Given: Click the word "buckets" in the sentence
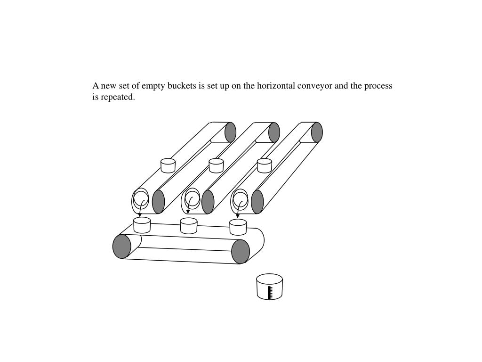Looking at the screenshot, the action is [x=182, y=86].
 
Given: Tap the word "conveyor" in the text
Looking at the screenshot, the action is [x=314, y=86].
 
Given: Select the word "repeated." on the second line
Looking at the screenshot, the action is [x=118, y=97].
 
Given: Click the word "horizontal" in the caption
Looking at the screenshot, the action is [x=276, y=86].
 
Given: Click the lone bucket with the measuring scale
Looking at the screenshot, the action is [x=270, y=287].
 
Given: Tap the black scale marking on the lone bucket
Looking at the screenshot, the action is [x=270, y=292].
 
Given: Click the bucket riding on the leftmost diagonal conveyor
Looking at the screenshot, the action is [x=168, y=165].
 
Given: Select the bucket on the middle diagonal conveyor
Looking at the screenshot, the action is [x=216, y=165].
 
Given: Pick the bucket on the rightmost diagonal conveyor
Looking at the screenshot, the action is [x=265, y=165].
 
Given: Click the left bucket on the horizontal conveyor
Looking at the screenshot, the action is [x=142, y=225].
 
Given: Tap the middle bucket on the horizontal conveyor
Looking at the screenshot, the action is [x=188, y=226].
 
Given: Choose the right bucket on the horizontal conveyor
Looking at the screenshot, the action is [x=238, y=227].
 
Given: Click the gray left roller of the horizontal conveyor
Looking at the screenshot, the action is [x=122, y=246].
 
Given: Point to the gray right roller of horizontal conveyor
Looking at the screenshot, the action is [x=241, y=252].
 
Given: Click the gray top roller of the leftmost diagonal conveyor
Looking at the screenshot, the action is [x=230, y=132].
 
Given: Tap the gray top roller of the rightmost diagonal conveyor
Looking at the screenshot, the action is [x=317, y=132].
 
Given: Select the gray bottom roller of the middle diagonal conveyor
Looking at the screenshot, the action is [x=208, y=202].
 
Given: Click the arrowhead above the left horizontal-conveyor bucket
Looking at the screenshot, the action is [x=139, y=215].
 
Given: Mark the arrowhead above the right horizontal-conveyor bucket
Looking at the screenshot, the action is [x=237, y=216].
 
